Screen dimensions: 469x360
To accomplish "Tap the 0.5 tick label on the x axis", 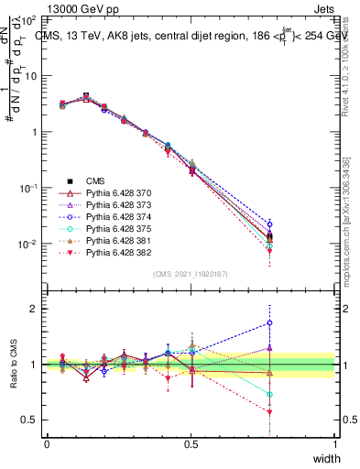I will click(x=191, y=443).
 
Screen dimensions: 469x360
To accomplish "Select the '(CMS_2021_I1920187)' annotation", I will click(x=191, y=273).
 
